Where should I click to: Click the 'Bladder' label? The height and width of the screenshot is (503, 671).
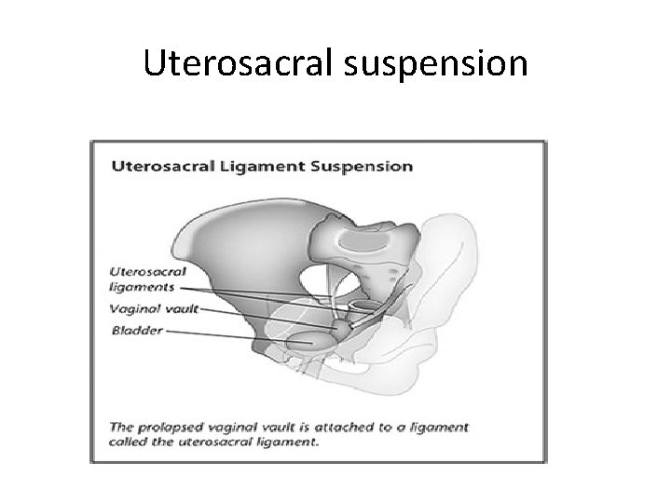coord(136,330)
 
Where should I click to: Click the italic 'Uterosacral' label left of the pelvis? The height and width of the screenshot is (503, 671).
coord(149,272)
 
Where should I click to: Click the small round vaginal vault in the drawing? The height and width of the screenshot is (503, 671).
coord(344,328)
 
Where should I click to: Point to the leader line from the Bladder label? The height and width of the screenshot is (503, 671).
coord(224,333)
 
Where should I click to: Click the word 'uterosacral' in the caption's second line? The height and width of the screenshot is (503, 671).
coord(217,442)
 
